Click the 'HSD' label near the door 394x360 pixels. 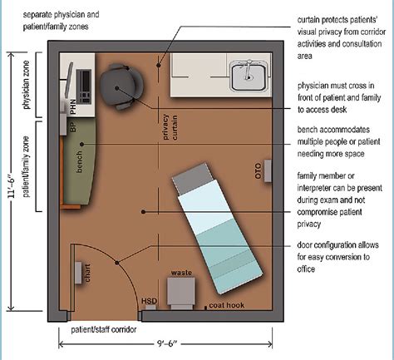[x=149, y=301]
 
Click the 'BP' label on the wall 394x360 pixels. [x=72, y=131]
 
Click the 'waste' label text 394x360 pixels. [x=182, y=273]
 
